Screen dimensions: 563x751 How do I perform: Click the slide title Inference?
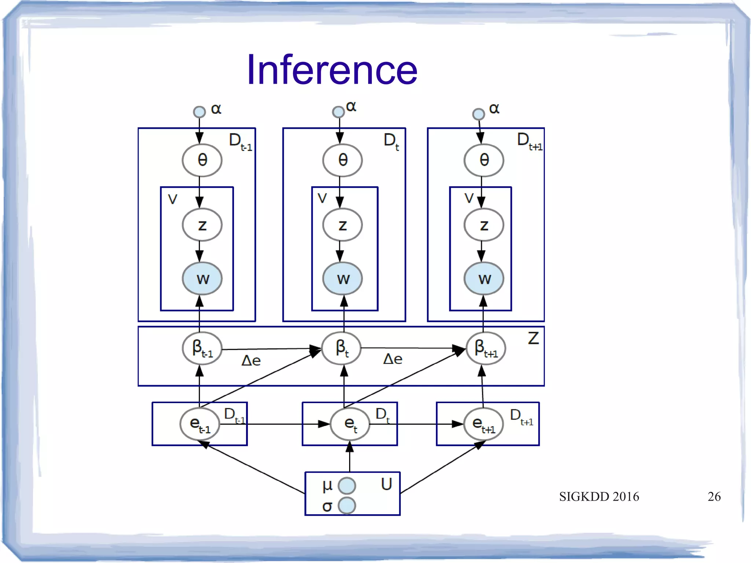(332, 70)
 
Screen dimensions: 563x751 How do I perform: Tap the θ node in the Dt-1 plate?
(202, 160)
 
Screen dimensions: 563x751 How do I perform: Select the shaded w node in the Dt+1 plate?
(484, 279)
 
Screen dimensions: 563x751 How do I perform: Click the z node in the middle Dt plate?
(342, 225)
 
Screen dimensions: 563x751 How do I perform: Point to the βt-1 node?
(202, 348)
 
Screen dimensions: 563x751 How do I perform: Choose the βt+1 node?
(486, 348)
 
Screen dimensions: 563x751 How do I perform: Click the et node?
(350, 424)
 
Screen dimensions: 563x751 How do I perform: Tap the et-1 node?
(199, 424)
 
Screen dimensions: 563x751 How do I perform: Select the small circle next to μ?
(347, 486)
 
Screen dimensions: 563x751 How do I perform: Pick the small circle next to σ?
(347, 505)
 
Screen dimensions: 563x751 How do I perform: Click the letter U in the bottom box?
(387, 484)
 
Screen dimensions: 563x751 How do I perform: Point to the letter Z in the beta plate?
(533, 338)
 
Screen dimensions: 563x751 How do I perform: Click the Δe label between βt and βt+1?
(392, 359)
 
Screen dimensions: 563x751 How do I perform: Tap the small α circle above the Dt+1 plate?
(478, 114)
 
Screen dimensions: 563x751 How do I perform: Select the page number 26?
(714, 497)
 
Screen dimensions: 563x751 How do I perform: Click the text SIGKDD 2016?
(599, 497)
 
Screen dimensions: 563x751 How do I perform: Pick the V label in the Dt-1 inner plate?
(172, 199)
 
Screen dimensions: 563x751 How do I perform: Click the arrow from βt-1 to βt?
(271, 349)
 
